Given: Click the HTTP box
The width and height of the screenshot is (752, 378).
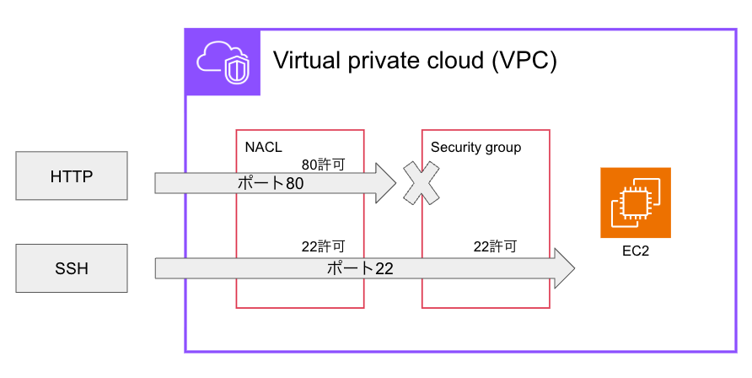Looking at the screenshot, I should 72,176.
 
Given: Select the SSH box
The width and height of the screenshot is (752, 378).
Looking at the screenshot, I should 72,268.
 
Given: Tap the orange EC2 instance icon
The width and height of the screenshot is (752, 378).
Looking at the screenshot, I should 635,202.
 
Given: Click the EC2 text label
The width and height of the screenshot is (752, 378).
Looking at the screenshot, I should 635,251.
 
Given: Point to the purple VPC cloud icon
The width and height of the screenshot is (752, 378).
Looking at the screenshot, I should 223,62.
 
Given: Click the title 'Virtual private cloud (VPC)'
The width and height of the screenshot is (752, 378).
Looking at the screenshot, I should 415,62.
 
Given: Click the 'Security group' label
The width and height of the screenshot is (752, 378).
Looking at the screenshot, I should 475,147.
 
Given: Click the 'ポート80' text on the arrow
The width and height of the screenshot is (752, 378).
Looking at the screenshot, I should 269,183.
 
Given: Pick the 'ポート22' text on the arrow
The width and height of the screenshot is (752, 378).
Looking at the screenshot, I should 360,269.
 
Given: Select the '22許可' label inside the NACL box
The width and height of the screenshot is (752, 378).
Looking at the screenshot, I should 323,247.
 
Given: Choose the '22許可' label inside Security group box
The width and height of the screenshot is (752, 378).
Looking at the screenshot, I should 494,247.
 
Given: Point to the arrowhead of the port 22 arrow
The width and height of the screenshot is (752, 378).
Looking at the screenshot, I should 562,269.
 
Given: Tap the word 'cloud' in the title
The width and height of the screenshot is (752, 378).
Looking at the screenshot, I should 460,62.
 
